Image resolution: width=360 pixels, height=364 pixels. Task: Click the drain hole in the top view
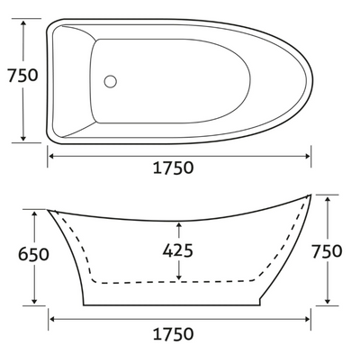[111, 81]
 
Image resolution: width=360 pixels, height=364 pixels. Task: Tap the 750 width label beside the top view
[20, 76]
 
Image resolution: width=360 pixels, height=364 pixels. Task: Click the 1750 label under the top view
[180, 168]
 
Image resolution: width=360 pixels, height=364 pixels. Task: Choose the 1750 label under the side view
[180, 334]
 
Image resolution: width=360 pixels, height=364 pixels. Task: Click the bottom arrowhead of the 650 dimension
[35, 301]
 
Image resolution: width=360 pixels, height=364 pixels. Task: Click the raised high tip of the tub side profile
[310, 195]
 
